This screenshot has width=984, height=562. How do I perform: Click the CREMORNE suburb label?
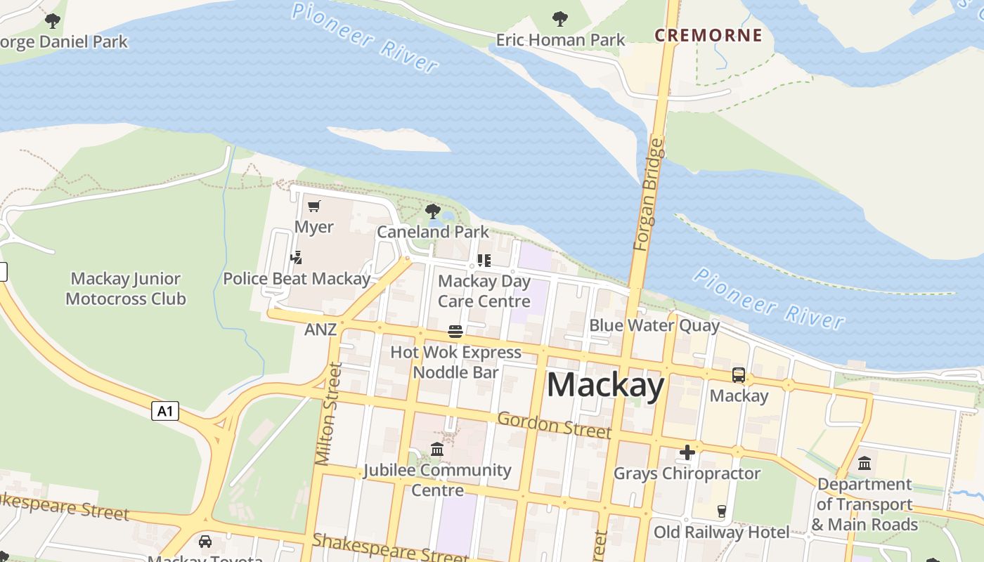coord(708,35)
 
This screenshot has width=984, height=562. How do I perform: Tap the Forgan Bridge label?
coord(648,195)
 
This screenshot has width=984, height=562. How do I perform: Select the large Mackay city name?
coord(605,386)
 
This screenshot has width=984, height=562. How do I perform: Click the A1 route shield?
coord(165,410)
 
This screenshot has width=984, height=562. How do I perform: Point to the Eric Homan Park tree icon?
coord(560,19)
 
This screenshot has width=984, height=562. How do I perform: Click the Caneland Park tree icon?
coord(433,211)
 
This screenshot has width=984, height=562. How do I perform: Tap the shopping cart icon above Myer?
coord(314,207)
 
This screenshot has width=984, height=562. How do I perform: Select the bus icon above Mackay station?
coord(739,375)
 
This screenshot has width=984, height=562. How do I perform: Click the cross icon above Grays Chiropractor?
coord(687,452)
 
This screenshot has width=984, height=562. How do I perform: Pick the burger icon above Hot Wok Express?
coord(455,332)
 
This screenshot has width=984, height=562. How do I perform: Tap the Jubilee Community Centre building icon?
coord(437,449)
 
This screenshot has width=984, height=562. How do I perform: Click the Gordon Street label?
coord(554,425)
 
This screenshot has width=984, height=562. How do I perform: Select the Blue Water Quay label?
coord(654,325)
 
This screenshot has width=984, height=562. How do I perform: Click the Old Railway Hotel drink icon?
coord(721,511)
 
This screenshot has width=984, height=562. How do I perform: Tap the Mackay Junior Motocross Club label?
coord(126,289)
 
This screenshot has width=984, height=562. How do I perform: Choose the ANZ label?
coord(321,329)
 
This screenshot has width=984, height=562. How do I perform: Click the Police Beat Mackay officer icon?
coord(297,258)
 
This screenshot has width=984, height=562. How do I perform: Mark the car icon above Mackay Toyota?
coord(205,542)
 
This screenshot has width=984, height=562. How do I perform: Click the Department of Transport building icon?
coord(865,464)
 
